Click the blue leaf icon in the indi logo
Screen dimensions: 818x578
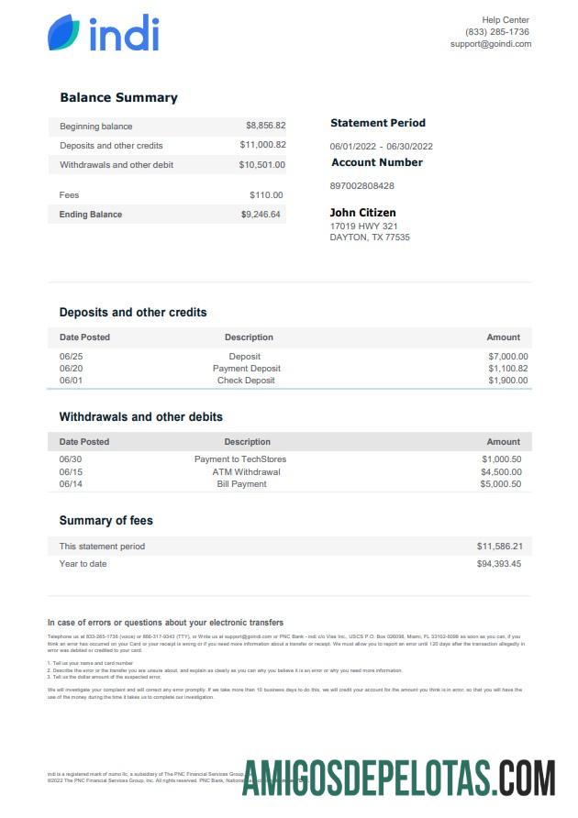pyautogui.click(x=64, y=33)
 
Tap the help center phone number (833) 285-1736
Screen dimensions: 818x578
pyautogui.click(x=497, y=32)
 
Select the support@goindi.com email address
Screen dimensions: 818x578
pyautogui.click(x=490, y=44)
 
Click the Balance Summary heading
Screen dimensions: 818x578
pyautogui.click(x=118, y=97)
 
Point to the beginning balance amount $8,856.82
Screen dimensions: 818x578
pyautogui.click(x=265, y=127)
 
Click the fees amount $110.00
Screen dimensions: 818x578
pyautogui.click(x=266, y=195)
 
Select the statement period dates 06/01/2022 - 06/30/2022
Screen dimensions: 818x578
pyautogui.click(x=381, y=147)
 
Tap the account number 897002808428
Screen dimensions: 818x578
pyautogui.click(x=361, y=186)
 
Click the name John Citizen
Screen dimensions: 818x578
pyautogui.click(x=362, y=213)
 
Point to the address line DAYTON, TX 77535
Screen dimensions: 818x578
pyautogui.click(x=369, y=238)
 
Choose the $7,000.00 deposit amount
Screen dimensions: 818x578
pyautogui.click(x=507, y=357)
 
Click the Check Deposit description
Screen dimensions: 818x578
pyautogui.click(x=246, y=381)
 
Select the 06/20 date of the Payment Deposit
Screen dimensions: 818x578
pyautogui.click(x=71, y=369)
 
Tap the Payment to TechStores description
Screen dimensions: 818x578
pyautogui.click(x=240, y=459)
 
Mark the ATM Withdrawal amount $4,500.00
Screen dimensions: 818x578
pyautogui.click(x=501, y=472)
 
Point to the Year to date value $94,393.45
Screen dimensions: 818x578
pyautogui.click(x=498, y=564)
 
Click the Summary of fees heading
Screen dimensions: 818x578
pyautogui.click(x=106, y=521)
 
